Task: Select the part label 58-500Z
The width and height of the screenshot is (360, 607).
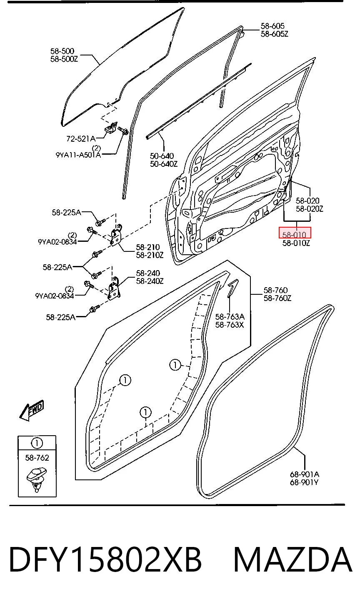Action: coord(64,59)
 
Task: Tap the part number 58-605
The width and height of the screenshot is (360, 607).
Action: coord(272,26)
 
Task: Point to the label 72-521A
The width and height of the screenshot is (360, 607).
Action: coord(81,139)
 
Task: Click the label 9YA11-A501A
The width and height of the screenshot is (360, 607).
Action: coord(78,155)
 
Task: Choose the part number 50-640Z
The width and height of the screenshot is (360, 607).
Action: coord(164,164)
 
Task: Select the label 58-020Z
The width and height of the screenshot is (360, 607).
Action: coord(309,208)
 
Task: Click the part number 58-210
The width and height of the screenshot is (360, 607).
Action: coord(148,247)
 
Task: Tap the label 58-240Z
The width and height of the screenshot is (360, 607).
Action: coord(150,281)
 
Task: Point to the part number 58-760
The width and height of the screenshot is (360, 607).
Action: coord(276,290)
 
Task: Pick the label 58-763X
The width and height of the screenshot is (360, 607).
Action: coord(230,325)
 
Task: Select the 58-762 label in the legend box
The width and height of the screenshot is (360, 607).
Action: coord(37,458)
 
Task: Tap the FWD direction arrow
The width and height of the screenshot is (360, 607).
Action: coord(32,410)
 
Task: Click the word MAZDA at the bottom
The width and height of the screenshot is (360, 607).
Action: coord(293,559)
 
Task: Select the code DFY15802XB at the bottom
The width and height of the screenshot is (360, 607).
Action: coord(105,559)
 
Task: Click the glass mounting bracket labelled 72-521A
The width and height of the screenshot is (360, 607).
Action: coord(111,128)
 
